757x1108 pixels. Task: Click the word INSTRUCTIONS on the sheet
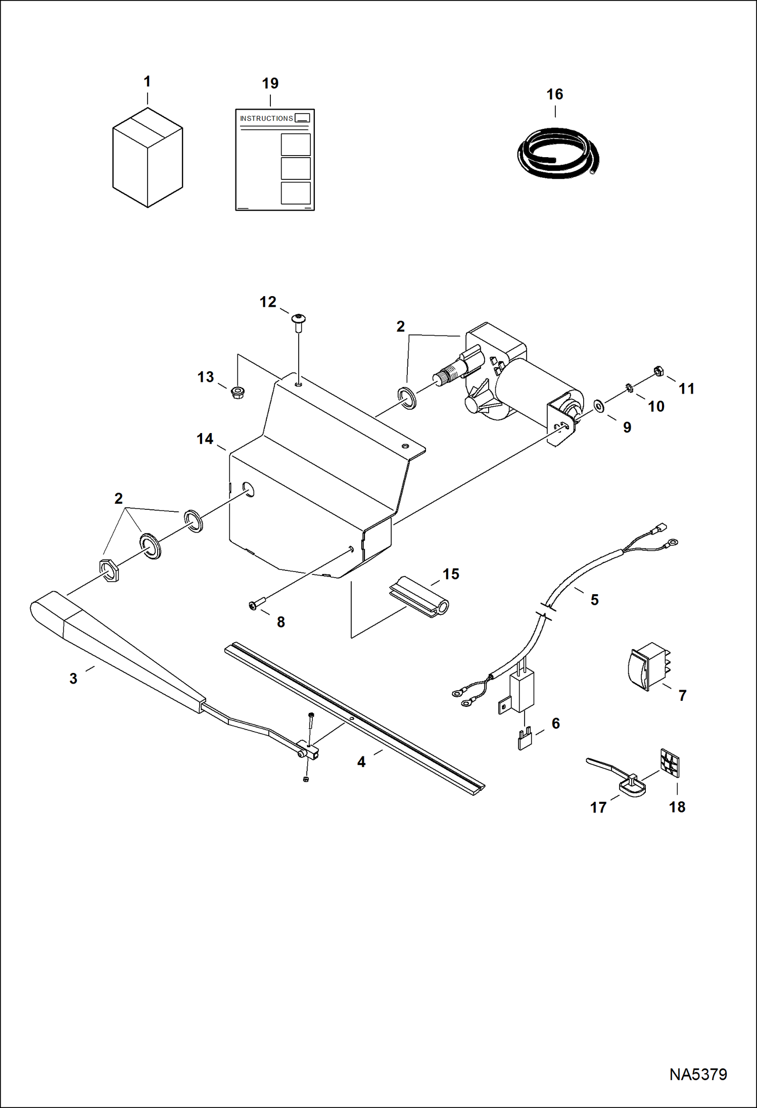[x=266, y=118]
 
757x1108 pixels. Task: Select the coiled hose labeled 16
[x=558, y=154]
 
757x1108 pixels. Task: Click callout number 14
[x=205, y=439]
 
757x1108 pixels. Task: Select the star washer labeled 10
[x=630, y=388]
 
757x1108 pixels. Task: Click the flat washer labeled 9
[x=599, y=406]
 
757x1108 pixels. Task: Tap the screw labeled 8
[x=257, y=603]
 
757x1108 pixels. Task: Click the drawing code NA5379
[x=698, y=1074]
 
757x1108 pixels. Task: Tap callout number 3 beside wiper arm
[x=73, y=679]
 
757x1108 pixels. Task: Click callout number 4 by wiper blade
[x=361, y=762]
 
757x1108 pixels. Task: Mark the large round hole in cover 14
[x=248, y=490]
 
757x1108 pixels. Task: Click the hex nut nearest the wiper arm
[x=110, y=571]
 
